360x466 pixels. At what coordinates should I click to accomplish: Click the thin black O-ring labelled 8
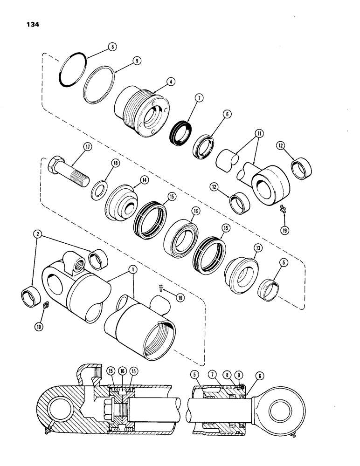click(x=73, y=70)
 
